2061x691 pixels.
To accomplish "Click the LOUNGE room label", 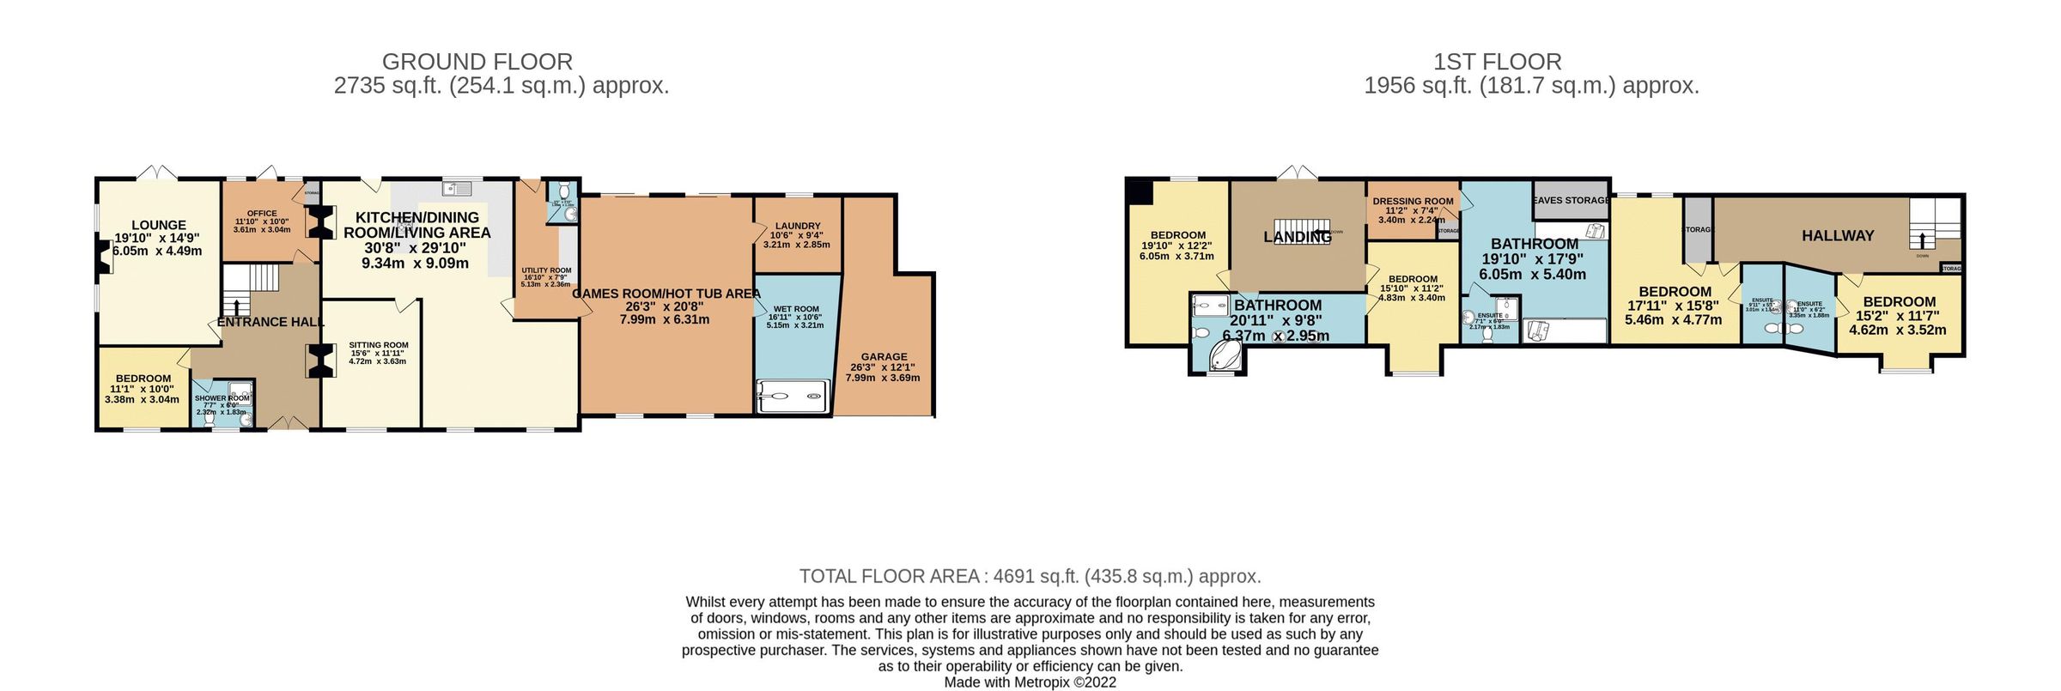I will [158, 225].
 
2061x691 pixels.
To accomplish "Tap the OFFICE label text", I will [262, 214].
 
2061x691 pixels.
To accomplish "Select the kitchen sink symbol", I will [456, 188].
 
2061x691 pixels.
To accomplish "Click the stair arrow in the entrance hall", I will [237, 306].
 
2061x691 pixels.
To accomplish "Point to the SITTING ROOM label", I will [378, 345].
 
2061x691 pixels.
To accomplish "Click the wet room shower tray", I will [793, 397].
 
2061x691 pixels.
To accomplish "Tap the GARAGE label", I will [884, 356].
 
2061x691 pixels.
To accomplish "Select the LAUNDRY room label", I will [797, 226].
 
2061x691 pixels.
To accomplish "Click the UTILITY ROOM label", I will [546, 270].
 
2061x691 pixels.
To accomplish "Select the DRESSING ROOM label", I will [1413, 202].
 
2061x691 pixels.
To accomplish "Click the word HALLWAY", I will [1838, 235].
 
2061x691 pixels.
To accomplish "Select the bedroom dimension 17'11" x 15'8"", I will [1674, 306].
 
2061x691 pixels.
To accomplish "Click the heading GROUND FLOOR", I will [477, 62].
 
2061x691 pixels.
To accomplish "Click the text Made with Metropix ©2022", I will [1030, 682].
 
